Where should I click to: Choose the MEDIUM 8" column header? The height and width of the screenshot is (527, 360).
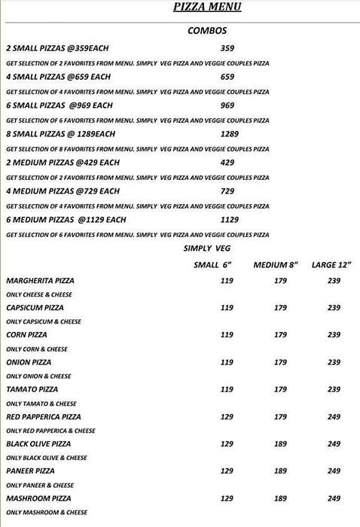pos(276,264)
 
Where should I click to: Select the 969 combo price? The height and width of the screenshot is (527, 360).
pos(226,105)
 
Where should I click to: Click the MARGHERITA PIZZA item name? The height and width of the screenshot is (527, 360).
pos(40,281)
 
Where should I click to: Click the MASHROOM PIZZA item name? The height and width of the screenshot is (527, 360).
pos(38,498)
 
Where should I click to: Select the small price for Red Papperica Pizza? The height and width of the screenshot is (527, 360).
pos(226,416)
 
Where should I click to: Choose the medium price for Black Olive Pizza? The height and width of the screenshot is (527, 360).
pos(280,444)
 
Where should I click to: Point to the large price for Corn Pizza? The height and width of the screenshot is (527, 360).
pos(334,335)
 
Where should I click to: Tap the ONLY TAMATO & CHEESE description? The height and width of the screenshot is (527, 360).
pos(41,404)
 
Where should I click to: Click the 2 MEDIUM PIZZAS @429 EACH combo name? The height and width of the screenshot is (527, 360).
pos(63,163)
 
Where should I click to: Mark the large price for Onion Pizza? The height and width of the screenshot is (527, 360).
pos(334,362)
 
